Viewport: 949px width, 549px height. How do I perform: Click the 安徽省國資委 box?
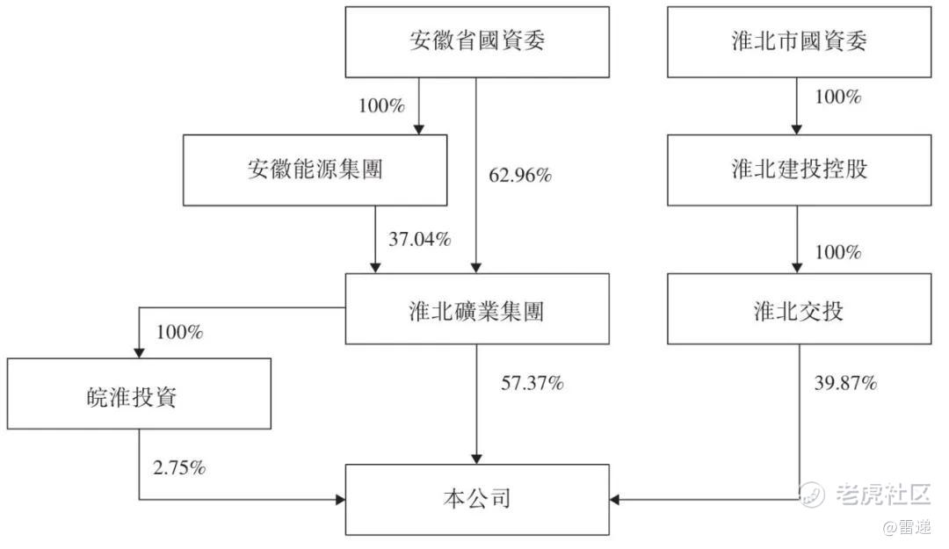pos(477,42)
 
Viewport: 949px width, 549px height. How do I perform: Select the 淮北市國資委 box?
pos(799,42)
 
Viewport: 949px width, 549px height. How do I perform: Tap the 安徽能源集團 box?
pos(315,170)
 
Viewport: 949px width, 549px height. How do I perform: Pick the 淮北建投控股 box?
pos(799,170)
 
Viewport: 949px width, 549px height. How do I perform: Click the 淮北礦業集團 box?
pos(477,308)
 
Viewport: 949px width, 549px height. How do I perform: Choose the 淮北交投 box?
pos(799,308)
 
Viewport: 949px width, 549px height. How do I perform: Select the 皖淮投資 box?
pos(139,394)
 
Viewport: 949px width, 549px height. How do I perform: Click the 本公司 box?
pos(477,500)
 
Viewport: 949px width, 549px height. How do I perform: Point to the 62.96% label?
pos(520,176)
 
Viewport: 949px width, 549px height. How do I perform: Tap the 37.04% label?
pos(419,239)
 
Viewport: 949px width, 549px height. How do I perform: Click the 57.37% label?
pos(532,383)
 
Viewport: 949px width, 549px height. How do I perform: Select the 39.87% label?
pos(845,383)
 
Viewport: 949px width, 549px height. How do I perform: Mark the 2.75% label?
pos(179,468)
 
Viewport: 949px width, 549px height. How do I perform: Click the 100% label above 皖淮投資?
pos(180,332)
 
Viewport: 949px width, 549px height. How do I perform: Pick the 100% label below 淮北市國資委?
pos(838,97)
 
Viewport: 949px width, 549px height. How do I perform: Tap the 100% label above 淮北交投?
pos(838,252)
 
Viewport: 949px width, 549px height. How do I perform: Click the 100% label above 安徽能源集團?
pos(382,106)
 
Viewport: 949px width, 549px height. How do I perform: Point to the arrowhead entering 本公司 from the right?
pos(613,500)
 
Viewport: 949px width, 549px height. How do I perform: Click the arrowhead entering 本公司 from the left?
pos(341,500)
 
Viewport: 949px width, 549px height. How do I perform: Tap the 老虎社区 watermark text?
pos(883,494)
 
